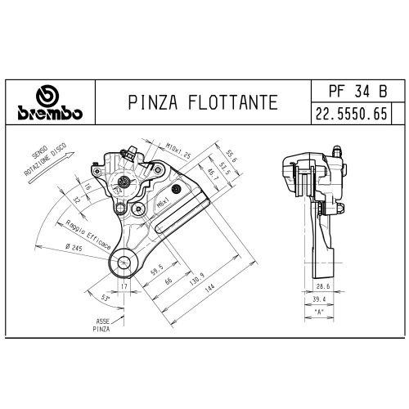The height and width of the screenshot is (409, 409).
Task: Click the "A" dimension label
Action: tap(320, 312)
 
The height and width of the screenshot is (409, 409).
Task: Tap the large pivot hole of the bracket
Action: tap(124, 263)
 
